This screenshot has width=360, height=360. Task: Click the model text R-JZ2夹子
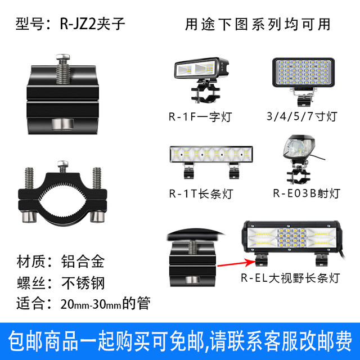click(x=92, y=24)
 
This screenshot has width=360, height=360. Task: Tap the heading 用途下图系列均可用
click(x=258, y=24)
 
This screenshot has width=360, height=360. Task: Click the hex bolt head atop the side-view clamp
click(x=62, y=57)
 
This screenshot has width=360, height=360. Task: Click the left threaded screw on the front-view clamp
click(x=29, y=178)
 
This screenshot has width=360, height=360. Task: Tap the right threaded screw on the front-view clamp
click(x=97, y=178)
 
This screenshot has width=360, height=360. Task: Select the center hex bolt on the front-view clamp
click(x=62, y=166)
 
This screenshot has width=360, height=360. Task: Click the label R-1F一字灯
click(x=200, y=117)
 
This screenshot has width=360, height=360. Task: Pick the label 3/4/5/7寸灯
click(x=301, y=116)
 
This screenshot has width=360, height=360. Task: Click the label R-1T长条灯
click(x=201, y=193)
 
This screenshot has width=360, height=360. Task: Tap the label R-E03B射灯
click(x=307, y=193)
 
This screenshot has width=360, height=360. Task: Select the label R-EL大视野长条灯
click(x=290, y=278)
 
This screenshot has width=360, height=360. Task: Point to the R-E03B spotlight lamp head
click(x=299, y=147)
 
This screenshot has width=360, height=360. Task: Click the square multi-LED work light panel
click(x=303, y=73)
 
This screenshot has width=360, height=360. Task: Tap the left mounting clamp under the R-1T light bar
click(x=188, y=171)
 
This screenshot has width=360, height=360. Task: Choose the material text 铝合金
click(x=83, y=261)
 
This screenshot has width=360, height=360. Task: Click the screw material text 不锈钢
click(x=83, y=283)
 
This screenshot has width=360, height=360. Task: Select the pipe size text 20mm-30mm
click(x=91, y=304)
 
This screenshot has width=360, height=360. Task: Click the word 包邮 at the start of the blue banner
click(x=25, y=341)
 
